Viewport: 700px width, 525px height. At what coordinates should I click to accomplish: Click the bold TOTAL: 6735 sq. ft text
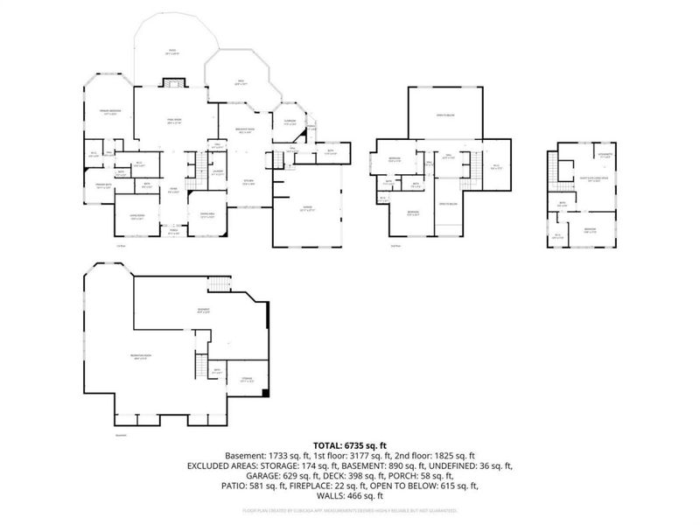pyautogui.click(x=349, y=444)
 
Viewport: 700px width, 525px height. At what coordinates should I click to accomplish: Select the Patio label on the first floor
pyautogui.click(x=173, y=52)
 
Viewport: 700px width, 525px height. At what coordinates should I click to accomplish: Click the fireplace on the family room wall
pyautogui.click(x=173, y=84)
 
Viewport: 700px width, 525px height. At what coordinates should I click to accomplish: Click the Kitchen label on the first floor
pyautogui.click(x=248, y=182)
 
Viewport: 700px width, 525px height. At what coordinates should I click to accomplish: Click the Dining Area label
pyautogui.click(x=207, y=218)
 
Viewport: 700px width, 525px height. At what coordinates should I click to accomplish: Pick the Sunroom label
pyautogui.click(x=290, y=122)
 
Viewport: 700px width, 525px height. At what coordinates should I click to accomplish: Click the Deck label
pyautogui.click(x=239, y=83)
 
